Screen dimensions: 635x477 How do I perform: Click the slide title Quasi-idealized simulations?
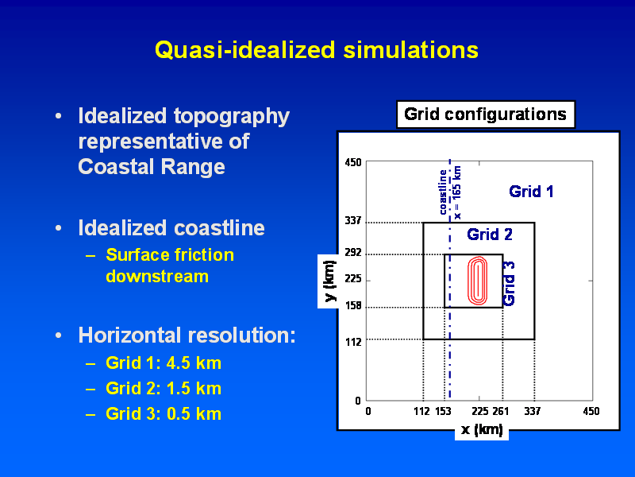(317, 50)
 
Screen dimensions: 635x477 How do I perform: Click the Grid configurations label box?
(486, 114)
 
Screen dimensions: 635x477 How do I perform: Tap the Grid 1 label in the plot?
(531, 192)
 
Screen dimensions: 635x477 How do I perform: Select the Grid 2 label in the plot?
(490, 235)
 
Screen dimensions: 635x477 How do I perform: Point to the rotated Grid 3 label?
(509, 284)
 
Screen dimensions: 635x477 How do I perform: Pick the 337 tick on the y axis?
(352, 221)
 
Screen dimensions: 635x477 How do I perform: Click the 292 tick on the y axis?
(352, 253)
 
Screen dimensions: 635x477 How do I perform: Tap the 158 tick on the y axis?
(352, 305)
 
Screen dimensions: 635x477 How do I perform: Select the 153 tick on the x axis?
(443, 411)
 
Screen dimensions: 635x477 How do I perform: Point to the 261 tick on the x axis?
(501, 411)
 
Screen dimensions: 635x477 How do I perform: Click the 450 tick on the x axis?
(591, 411)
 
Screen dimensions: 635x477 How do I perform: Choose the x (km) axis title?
(482, 429)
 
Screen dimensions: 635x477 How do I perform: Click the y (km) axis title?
(330, 281)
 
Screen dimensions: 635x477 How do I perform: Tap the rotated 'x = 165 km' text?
(457, 192)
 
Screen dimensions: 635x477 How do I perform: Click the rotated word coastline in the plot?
(443, 192)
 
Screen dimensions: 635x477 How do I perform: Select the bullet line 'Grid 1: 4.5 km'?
(164, 363)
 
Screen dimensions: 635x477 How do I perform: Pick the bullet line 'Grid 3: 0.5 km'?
(164, 414)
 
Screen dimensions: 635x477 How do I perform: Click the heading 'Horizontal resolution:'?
(187, 335)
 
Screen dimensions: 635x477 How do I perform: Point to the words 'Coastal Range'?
(152, 167)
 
